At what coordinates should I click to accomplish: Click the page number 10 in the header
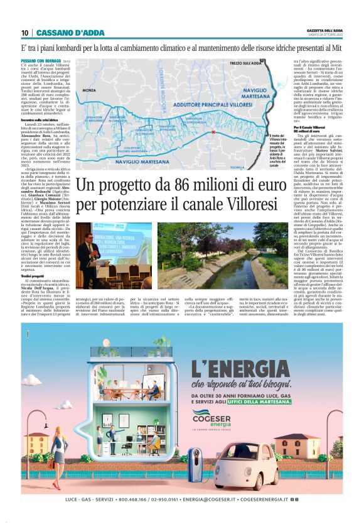tap(24, 33)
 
